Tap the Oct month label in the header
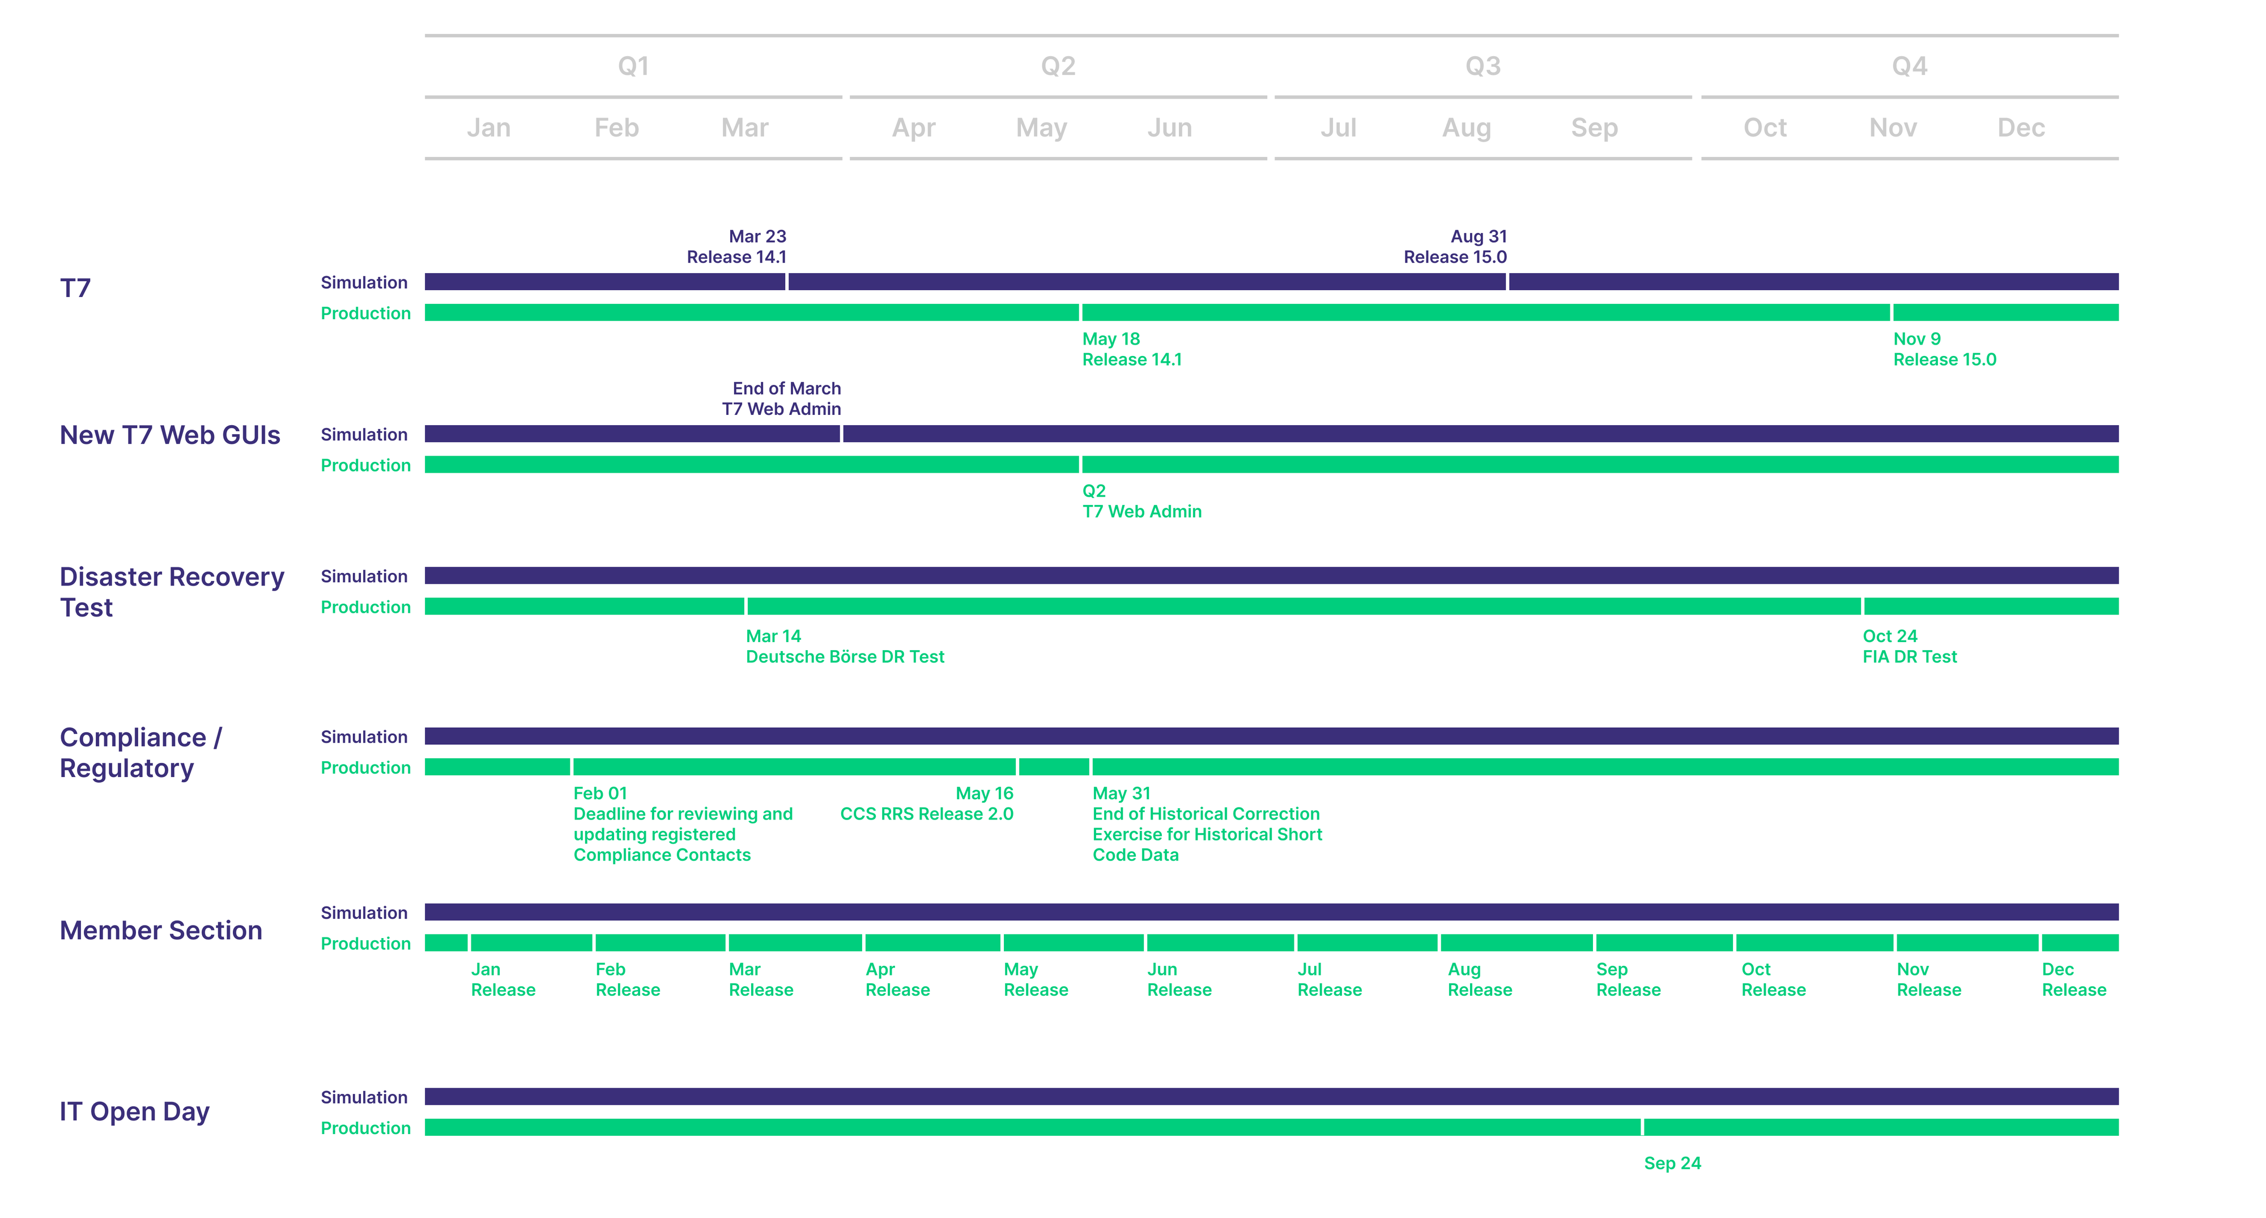[1765, 128]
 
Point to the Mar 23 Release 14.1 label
[737, 247]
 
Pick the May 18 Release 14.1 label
[1131, 349]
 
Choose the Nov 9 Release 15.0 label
[1944, 349]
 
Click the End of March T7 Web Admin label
[782, 398]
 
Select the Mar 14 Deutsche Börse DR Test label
[845, 646]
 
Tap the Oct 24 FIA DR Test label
[1909, 646]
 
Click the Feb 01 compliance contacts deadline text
[683, 824]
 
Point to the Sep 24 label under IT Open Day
[1672, 1164]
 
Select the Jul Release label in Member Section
[1329, 979]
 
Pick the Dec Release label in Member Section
[2073, 979]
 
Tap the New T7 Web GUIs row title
[170, 435]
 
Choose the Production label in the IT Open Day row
[365, 1128]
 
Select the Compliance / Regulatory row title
[140, 753]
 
